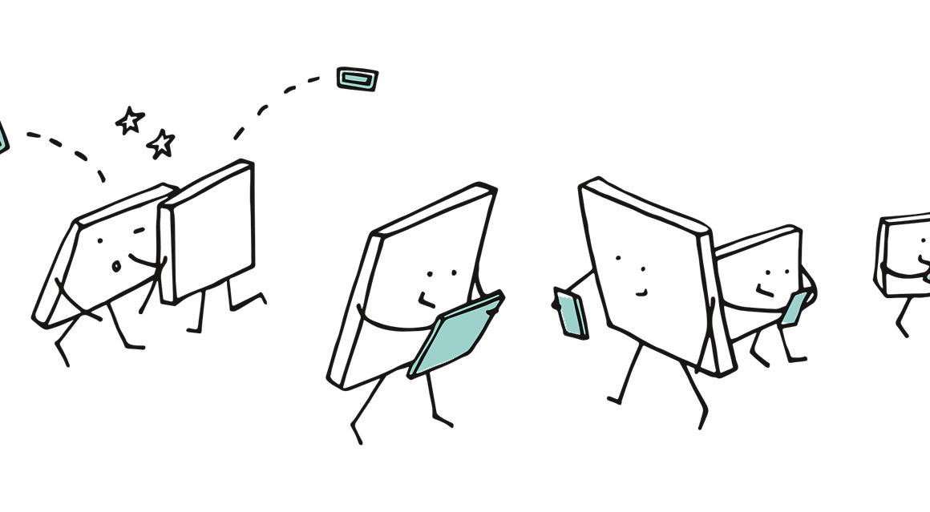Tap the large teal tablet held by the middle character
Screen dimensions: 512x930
pyautogui.click(x=456, y=334)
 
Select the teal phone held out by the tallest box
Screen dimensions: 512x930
pyautogui.click(x=572, y=315)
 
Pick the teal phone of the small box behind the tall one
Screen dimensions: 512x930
pyautogui.click(x=795, y=308)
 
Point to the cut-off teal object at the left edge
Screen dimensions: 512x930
pyautogui.click(x=2, y=136)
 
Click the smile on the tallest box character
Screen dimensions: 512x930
pyautogui.click(x=641, y=292)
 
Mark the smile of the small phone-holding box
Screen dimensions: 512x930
pyautogui.click(x=765, y=289)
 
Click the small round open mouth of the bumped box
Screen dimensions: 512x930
pyautogui.click(x=116, y=266)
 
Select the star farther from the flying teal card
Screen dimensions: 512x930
pyautogui.click(x=129, y=121)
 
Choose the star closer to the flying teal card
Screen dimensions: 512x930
pyautogui.click(x=162, y=144)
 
